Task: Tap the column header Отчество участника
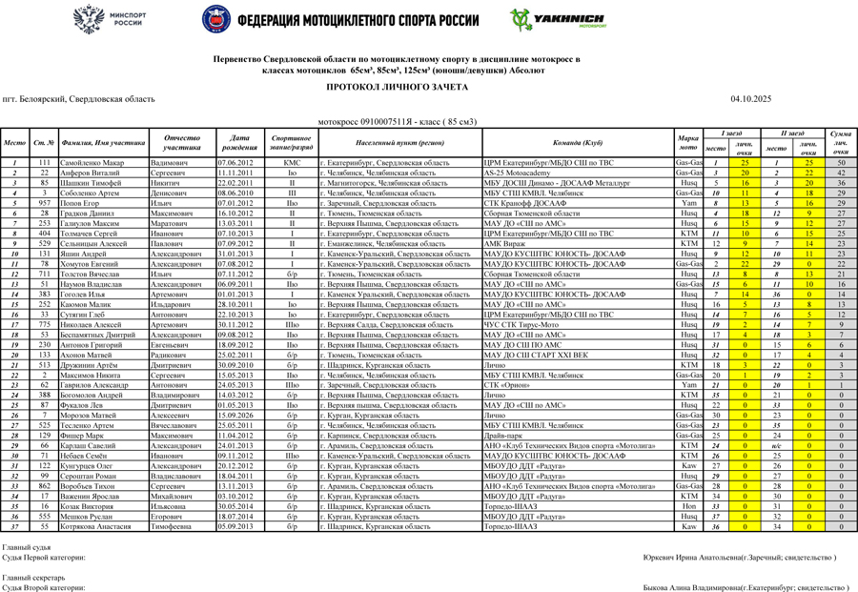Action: click(181, 142)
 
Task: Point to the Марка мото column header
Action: click(688, 142)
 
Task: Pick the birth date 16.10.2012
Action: click(235, 213)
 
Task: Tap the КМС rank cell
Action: click(292, 163)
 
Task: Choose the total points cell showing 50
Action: click(841, 163)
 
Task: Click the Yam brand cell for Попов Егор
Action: click(688, 203)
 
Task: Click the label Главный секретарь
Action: click(33, 579)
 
